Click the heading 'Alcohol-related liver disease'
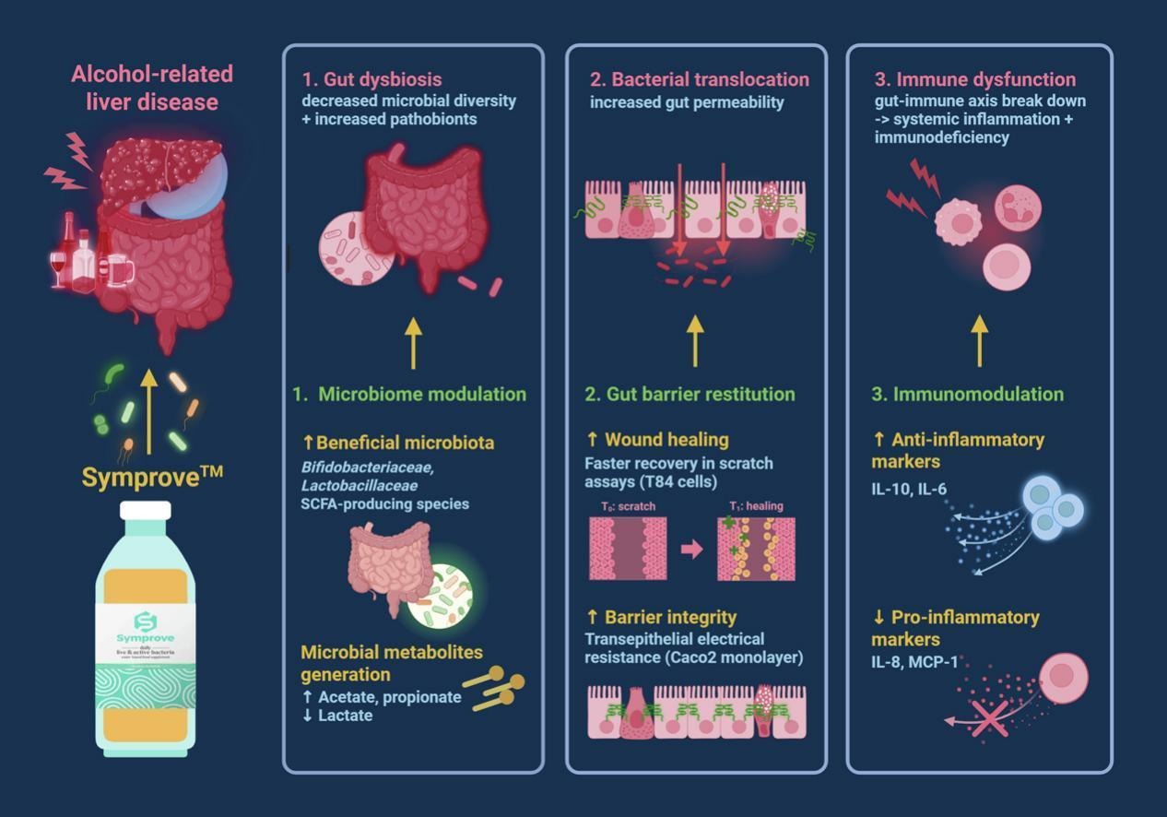click(x=152, y=87)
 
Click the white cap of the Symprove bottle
click(x=146, y=510)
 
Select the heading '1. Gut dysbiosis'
click(x=372, y=79)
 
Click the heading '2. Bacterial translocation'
click(x=700, y=79)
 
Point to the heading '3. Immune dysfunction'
click(x=974, y=79)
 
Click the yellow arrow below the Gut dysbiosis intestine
click(x=413, y=340)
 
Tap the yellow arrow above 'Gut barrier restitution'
click(x=695, y=340)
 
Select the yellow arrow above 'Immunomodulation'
click(x=979, y=340)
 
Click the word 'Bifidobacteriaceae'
click(x=367, y=467)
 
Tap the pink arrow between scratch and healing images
click(x=691, y=550)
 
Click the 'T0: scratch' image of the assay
click(x=627, y=549)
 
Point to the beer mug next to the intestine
click(x=120, y=270)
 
